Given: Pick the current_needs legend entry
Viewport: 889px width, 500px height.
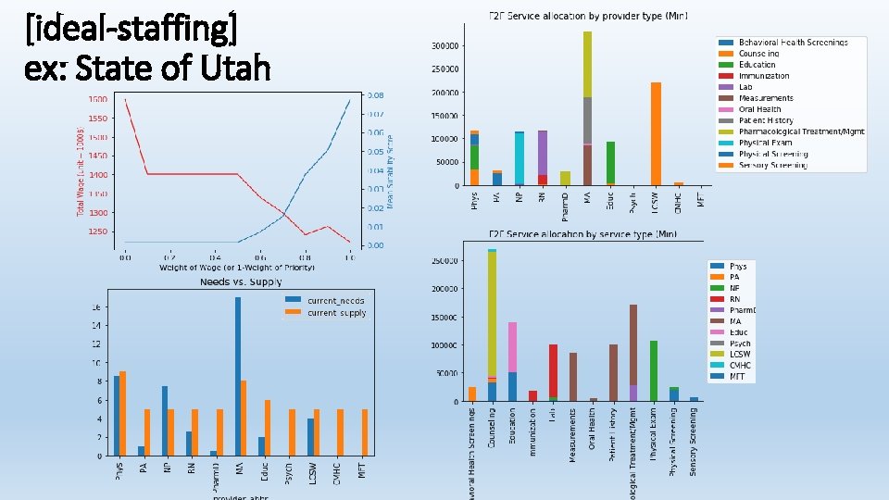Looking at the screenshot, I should click(323, 300).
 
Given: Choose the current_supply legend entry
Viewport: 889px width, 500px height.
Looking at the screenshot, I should click(323, 313).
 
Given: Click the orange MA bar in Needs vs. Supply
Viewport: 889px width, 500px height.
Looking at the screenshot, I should click(244, 418).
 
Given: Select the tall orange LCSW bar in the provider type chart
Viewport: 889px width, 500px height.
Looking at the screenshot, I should click(656, 133).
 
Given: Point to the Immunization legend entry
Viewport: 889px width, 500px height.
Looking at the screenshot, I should click(764, 76).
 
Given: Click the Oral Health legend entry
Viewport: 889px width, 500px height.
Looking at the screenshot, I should click(759, 109).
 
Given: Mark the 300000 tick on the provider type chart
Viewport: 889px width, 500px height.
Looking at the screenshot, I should click(445, 45).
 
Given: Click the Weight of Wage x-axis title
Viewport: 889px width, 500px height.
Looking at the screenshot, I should click(237, 267).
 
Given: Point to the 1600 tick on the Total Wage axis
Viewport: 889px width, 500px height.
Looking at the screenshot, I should click(96, 99).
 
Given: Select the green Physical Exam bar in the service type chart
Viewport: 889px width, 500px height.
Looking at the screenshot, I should click(653, 370).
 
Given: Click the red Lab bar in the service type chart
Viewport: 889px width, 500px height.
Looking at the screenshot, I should click(553, 370).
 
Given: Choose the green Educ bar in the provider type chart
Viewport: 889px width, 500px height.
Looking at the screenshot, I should click(610, 163).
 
